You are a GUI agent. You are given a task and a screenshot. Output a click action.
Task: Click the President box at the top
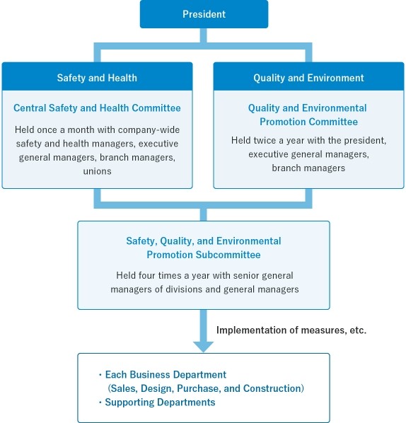[x=204, y=14]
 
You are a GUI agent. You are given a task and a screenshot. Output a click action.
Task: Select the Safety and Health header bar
[x=97, y=76]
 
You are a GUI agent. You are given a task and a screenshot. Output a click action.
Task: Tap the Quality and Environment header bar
[x=308, y=76]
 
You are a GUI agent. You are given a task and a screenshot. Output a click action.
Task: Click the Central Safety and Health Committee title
[x=97, y=108]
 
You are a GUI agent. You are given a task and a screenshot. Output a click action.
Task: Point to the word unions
[x=97, y=171]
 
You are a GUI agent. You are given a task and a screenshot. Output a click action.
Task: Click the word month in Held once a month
[x=81, y=129]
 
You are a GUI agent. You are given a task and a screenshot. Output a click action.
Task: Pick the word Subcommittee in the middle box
[x=228, y=255]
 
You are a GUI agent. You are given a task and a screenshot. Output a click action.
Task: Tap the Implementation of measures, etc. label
[x=291, y=330]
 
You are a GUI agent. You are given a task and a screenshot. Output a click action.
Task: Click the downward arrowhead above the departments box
[x=203, y=347]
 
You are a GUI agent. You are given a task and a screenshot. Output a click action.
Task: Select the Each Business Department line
[x=166, y=375]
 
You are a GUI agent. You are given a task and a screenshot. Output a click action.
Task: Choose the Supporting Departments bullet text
[x=160, y=402]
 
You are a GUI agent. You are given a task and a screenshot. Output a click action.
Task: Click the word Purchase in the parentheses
[x=199, y=388]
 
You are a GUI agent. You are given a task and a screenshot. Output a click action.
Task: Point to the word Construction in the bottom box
[x=272, y=388]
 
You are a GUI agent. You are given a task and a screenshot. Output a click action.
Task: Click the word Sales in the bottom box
[x=124, y=388]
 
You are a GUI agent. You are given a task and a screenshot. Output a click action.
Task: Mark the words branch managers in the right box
[x=308, y=168]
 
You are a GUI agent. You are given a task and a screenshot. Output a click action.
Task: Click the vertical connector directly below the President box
[x=204, y=35]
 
